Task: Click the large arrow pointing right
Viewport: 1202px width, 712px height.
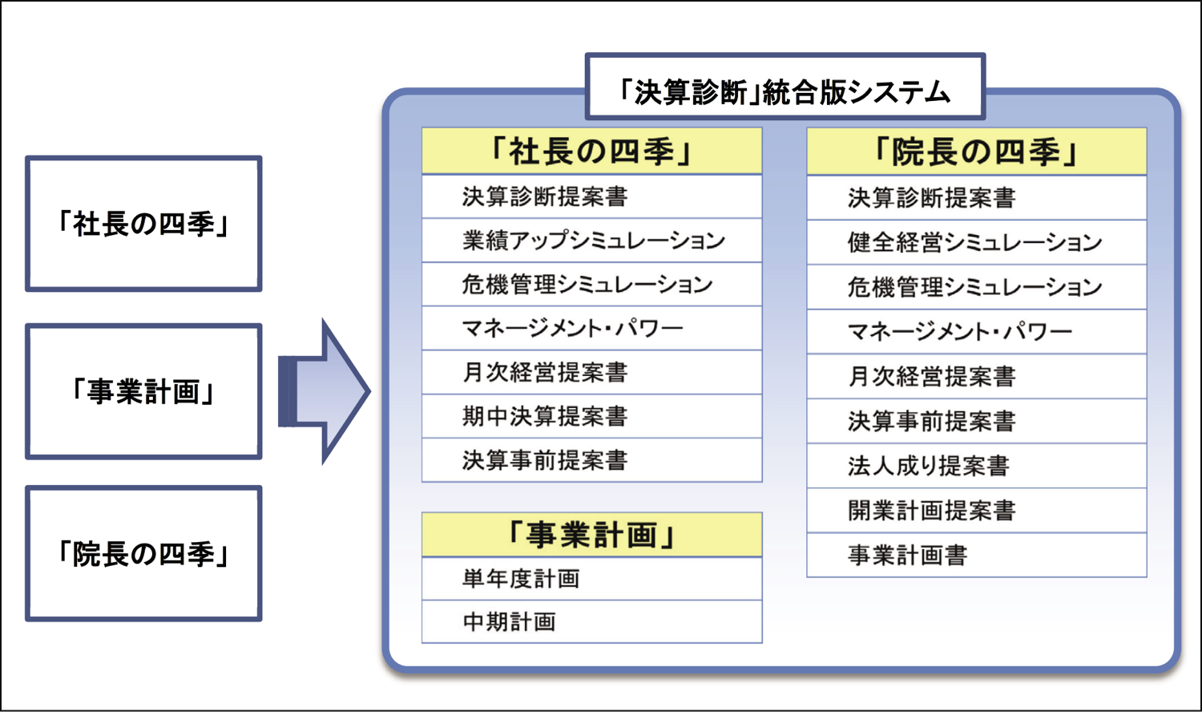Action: point(324,391)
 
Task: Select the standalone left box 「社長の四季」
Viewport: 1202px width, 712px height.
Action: point(143,224)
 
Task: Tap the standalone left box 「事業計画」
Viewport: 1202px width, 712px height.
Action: point(143,391)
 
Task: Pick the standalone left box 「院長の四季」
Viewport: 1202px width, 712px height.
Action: point(143,553)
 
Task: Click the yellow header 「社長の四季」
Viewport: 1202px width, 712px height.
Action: point(592,151)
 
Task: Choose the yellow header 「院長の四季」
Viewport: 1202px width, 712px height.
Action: point(977,152)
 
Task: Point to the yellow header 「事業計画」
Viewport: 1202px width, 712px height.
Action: point(592,535)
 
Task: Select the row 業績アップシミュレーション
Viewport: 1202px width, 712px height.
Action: point(592,240)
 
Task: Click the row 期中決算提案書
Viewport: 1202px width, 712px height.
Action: point(592,416)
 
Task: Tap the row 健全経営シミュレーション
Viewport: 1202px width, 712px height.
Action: point(977,242)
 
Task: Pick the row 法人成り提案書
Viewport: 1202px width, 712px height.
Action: point(977,466)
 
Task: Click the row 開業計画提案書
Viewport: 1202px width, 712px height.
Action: point(977,510)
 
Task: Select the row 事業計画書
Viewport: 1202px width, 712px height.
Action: point(977,555)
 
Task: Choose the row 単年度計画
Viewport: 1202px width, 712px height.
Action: point(592,578)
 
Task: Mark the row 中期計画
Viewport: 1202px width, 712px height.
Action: point(592,621)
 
